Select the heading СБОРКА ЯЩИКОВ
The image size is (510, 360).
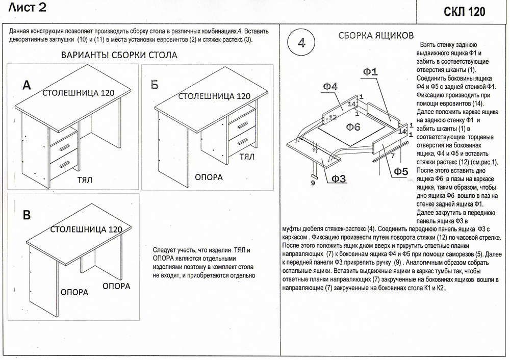pos(376,36)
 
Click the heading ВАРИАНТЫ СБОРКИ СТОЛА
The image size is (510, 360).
pos(119,55)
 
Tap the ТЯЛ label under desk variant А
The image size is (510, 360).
pos(85,181)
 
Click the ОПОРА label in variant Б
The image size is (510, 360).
pos(209,177)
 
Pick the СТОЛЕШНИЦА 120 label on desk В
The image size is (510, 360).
pos(87,230)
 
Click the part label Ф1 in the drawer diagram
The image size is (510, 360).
pos(371,72)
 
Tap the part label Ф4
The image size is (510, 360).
pos(330,87)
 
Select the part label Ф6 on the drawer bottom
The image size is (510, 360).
pos(353,126)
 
